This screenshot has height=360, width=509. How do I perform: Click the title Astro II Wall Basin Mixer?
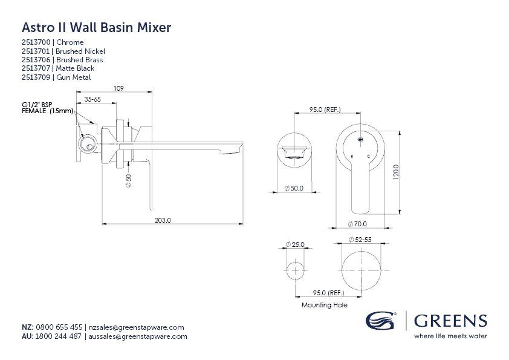[96, 27]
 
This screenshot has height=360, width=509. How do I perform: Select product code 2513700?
[36, 42]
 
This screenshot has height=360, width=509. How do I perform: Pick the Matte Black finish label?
[75, 68]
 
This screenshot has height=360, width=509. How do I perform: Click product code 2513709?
[36, 77]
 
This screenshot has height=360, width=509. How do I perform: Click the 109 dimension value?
[118, 88]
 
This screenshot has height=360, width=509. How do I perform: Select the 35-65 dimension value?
[92, 98]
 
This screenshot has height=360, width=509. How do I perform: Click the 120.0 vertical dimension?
[395, 172]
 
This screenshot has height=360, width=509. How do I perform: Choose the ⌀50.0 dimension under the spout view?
[293, 189]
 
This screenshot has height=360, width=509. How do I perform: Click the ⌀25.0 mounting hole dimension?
[294, 245]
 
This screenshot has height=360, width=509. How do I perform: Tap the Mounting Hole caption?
[324, 305]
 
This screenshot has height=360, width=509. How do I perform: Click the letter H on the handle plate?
[352, 156]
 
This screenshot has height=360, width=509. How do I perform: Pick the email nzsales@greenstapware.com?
[136, 327]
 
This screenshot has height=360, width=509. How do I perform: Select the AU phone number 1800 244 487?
[59, 336]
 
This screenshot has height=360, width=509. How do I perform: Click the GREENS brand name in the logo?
[450, 321]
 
